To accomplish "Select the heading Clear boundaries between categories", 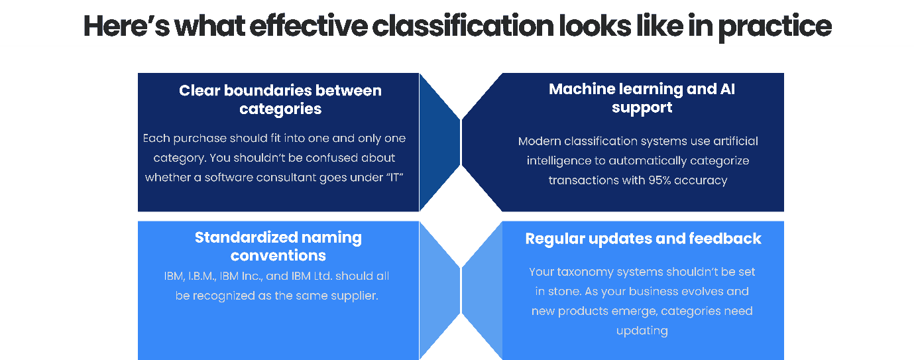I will tap(280, 99).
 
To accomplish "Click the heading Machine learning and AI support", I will tap(642, 98).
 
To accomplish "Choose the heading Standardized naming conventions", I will tap(278, 246).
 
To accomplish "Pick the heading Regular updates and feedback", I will tap(643, 239).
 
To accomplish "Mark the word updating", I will tap(642, 330).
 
